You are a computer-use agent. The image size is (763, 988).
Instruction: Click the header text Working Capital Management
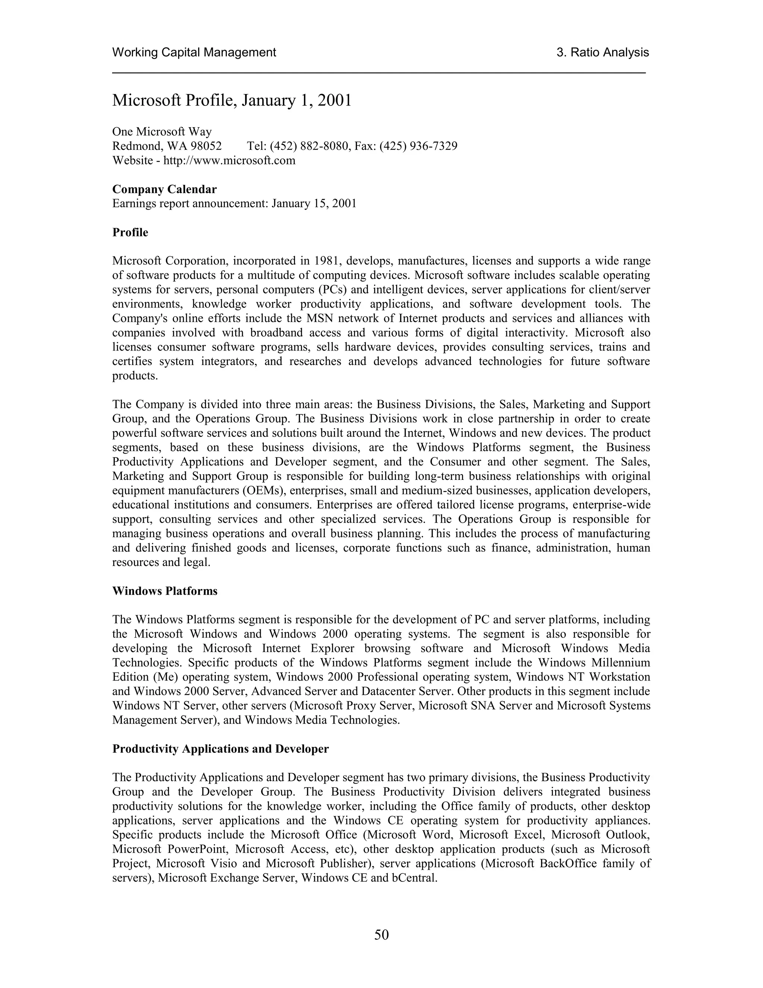pos(194,53)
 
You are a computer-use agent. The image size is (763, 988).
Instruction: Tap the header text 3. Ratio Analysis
pos(602,53)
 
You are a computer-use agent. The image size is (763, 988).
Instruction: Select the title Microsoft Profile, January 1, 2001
pos(232,100)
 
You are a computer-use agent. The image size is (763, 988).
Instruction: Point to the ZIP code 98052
pos(206,146)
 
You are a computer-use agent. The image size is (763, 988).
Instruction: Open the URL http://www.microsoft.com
pos(229,161)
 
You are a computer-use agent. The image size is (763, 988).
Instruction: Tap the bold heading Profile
pos(130,233)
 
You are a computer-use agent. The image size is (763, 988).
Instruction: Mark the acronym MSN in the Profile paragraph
pos(320,318)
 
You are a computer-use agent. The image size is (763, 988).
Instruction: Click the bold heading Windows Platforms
pos(165,591)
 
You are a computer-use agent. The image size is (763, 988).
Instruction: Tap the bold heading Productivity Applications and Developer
pos(221,749)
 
